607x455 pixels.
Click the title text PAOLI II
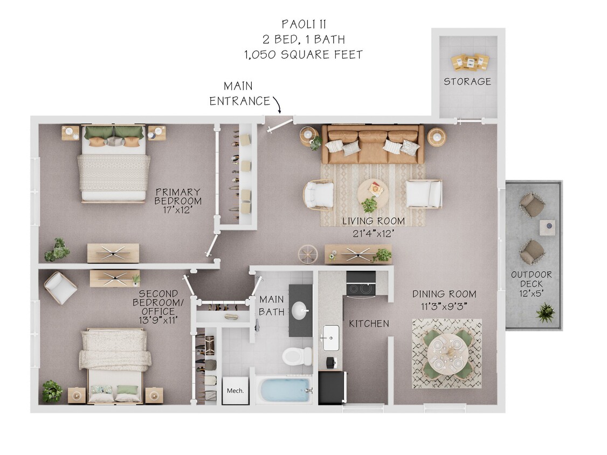(x=303, y=24)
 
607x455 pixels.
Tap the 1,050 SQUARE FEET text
(x=303, y=54)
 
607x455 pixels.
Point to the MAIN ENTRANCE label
(x=239, y=94)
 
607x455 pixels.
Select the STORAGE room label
(x=467, y=81)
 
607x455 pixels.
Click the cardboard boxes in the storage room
(x=470, y=61)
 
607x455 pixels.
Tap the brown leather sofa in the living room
(x=373, y=143)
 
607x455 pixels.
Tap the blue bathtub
(x=284, y=390)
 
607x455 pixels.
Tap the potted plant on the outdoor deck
(x=546, y=313)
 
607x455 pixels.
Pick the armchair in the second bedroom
(x=60, y=287)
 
